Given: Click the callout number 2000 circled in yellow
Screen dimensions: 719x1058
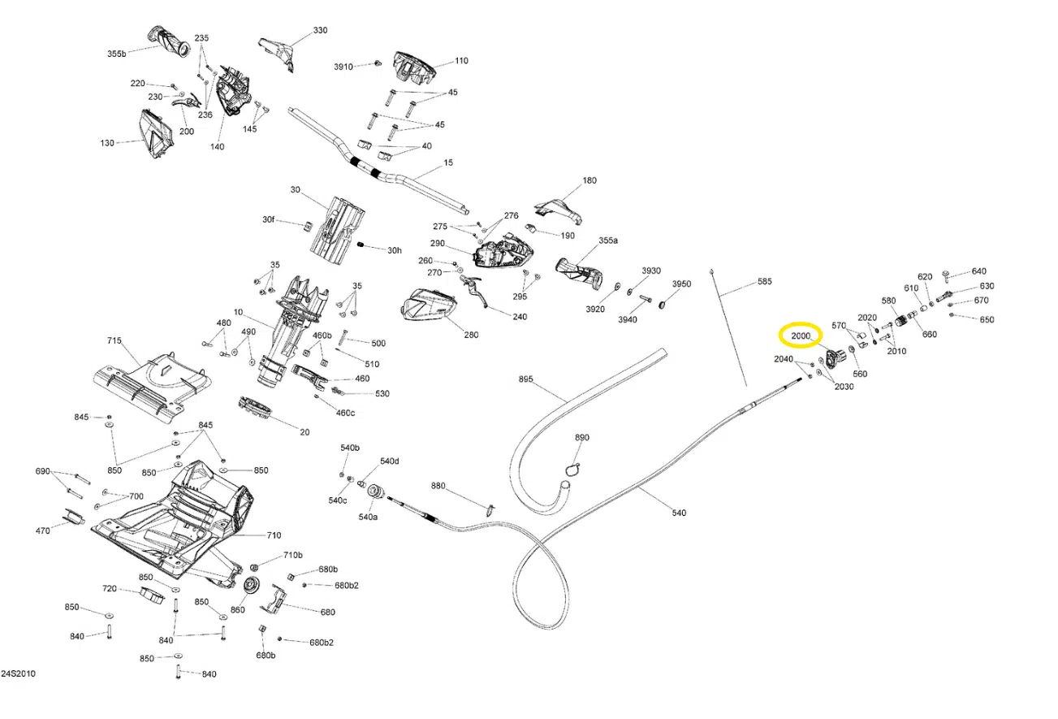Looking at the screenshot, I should click(801, 336).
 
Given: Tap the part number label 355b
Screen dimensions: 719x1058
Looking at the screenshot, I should click(117, 54).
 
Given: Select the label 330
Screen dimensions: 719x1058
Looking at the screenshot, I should click(320, 31).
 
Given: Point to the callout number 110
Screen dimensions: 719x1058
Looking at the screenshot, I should click(461, 61).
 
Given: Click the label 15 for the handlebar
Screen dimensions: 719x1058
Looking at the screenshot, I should click(448, 163).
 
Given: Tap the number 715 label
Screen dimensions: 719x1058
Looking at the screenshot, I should click(114, 340).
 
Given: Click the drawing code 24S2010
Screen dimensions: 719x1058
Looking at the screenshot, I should click(18, 674).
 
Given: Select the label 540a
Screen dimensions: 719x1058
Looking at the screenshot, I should click(368, 517).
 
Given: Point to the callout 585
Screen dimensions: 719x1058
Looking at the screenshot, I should click(764, 282).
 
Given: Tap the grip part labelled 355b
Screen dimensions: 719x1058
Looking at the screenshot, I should click(171, 43).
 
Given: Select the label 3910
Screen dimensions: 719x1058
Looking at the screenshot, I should click(343, 67).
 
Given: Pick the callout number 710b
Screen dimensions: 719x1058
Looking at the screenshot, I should click(292, 555).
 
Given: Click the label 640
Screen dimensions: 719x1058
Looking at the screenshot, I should click(978, 271).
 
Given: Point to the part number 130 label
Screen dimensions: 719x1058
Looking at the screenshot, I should click(107, 143).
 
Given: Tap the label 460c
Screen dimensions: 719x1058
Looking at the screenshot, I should click(344, 413).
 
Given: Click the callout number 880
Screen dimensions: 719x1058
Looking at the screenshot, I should click(438, 486).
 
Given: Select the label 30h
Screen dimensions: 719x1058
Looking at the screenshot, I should click(394, 250).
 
